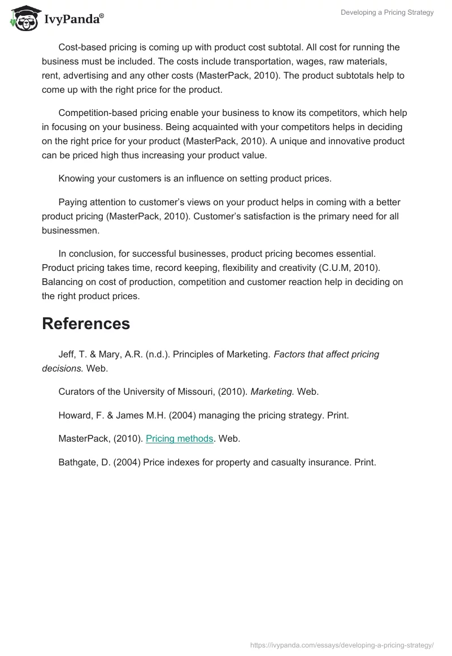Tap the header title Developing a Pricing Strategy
pos(387,12)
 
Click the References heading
pos(86,323)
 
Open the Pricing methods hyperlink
pos(179,438)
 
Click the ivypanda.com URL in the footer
pos(342,645)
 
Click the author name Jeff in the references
pos(67,355)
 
